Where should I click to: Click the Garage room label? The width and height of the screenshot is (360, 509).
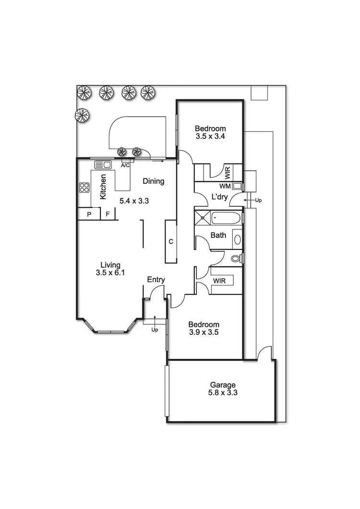(223, 385)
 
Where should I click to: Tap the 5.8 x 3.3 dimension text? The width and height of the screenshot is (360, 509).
(223, 392)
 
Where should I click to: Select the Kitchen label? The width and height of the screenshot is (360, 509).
(103, 187)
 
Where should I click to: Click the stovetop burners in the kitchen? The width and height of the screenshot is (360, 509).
(84, 188)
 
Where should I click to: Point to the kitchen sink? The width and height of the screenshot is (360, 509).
(103, 165)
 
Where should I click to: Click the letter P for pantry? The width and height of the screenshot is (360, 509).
(89, 214)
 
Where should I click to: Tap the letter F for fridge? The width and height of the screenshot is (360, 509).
(108, 214)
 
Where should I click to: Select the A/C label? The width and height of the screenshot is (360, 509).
(125, 165)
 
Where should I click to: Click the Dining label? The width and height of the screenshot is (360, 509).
(154, 181)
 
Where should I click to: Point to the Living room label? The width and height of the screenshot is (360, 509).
(110, 265)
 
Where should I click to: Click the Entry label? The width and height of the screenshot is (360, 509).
(156, 280)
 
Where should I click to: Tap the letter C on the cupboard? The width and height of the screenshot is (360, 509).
(171, 241)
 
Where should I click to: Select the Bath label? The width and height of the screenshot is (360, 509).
(218, 236)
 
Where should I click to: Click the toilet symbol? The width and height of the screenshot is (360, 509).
(235, 259)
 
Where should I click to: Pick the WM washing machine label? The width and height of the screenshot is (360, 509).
(225, 186)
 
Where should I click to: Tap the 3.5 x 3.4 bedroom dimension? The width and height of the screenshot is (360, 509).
(210, 136)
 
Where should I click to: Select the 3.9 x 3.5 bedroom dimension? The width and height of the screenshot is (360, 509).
(204, 332)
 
